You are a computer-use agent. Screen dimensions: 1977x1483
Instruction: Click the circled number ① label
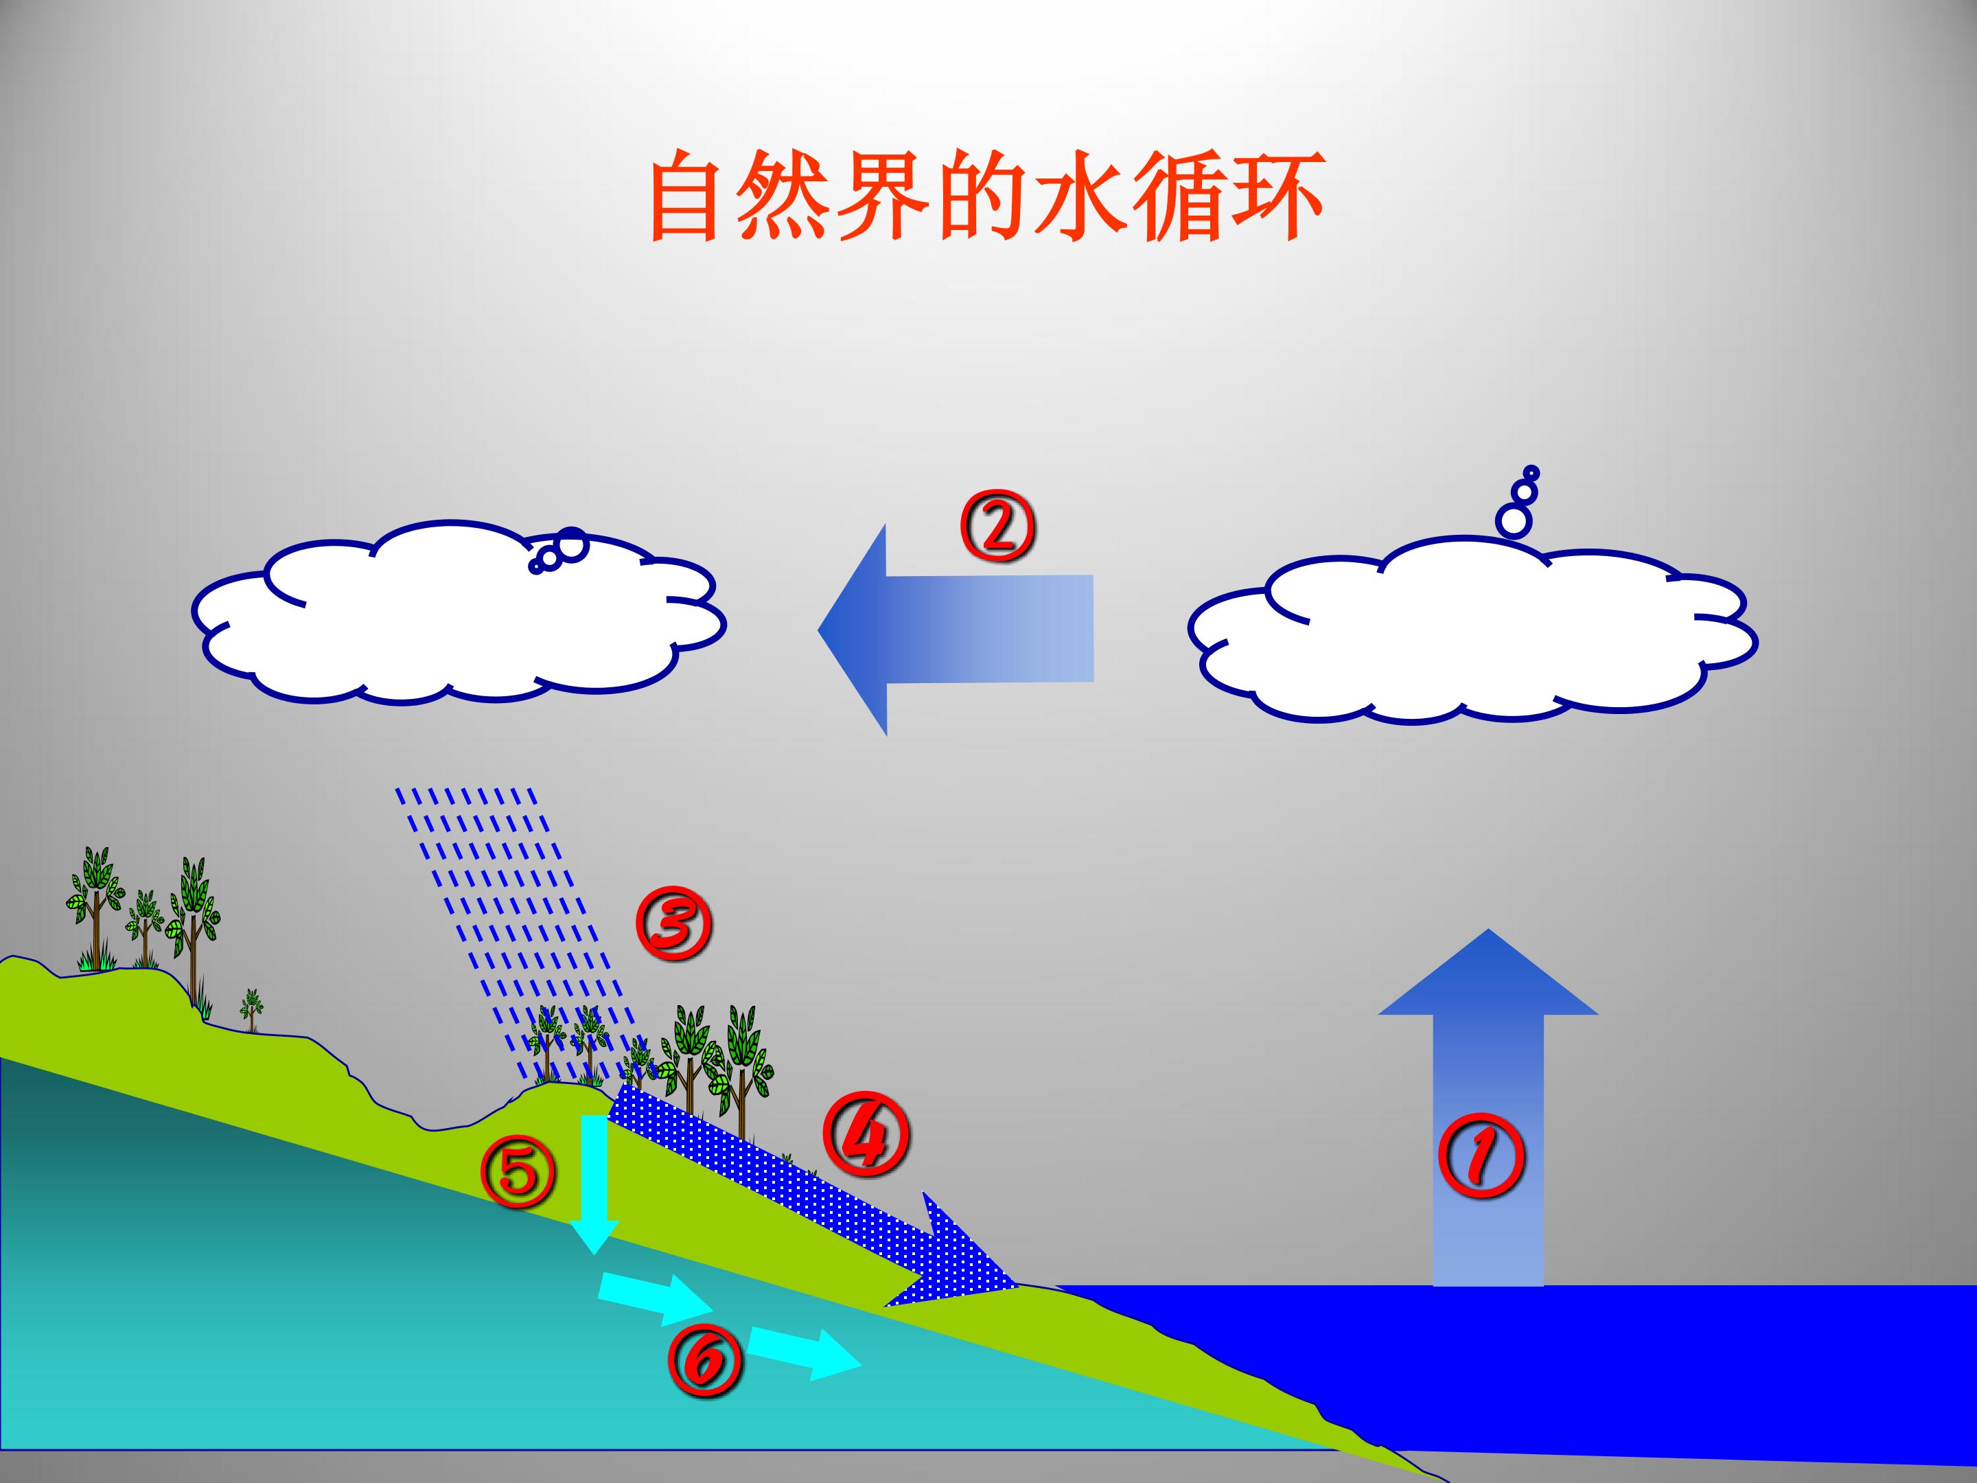click(x=1481, y=1155)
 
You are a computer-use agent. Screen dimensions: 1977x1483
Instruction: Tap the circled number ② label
click(x=997, y=526)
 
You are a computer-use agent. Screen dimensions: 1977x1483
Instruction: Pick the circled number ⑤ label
click(x=519, y=1172)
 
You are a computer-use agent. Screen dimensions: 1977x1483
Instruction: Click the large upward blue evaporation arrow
click(x=1488, y=1107)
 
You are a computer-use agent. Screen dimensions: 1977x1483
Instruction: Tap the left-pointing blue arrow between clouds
click(x=956, y=630)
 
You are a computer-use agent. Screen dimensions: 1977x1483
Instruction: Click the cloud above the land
click(x=459, y=612)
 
